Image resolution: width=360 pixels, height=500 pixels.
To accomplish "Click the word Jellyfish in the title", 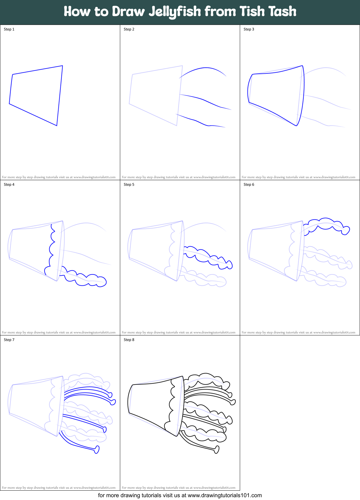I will tap(175, 12).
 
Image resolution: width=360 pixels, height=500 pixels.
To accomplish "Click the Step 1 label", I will tap(9, 29).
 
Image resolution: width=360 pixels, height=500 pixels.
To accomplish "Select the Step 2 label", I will tap(129, 29).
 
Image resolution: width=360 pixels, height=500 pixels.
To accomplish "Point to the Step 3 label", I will tap(249, 29).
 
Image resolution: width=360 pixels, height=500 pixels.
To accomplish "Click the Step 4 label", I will tap(9, 185).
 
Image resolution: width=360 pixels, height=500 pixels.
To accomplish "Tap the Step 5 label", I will tap(129, 185).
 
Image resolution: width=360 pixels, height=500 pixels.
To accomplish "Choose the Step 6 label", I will tap(249, 185).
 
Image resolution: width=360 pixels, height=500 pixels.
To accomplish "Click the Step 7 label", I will tap(9, 340).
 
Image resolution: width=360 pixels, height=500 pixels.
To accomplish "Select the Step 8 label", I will tap(129, 340).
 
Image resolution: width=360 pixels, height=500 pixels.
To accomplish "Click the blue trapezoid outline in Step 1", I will tap(38, 70).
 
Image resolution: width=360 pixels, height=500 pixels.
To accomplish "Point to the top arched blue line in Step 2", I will tap(206, 68).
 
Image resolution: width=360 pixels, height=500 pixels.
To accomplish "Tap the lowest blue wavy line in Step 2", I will tap(199, 121).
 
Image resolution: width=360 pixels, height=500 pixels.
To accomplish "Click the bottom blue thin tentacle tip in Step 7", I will tap(97, 450).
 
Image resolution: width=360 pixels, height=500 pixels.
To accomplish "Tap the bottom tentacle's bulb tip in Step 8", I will tap(217, 450).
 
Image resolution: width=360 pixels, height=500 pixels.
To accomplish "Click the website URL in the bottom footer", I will tap(225, 495).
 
